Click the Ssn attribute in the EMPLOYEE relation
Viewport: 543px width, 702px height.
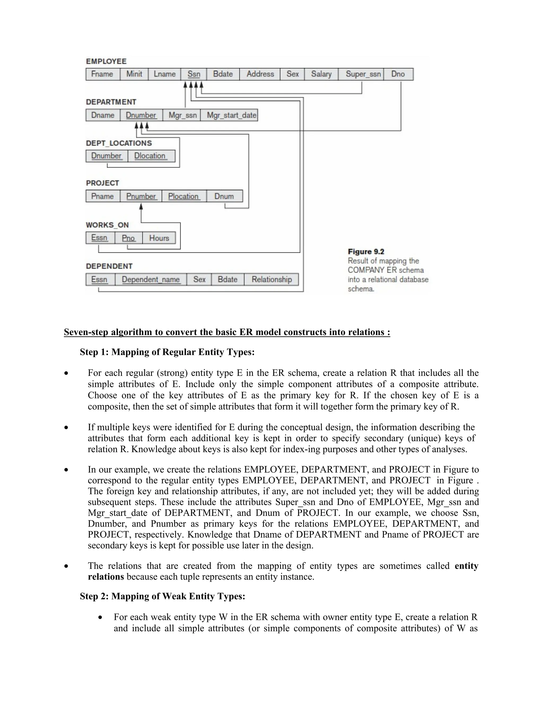pos(194,74)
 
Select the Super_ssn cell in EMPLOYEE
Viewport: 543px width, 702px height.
pos(363,74)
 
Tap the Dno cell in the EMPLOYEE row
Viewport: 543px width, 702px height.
pos(398,74)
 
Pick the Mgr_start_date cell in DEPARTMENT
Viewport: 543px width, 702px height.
pos(231,115)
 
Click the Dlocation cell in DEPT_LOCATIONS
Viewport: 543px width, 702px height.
pos(150,155)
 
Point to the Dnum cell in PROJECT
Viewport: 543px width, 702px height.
pos(224,196)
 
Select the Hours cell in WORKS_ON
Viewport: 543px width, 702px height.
pos(159,238)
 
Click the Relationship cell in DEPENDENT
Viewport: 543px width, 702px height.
pos(271,279)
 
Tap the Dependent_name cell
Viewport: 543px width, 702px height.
pos(151,279)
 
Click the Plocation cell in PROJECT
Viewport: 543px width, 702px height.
pos(184,196)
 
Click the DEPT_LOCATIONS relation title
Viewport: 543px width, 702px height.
pos(119,143)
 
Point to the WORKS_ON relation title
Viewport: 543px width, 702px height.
pos(107,225)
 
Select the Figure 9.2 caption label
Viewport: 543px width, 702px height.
pos(366,252)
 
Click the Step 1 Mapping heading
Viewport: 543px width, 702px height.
pos(167,352)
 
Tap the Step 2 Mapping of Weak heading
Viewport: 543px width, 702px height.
pos(163,596)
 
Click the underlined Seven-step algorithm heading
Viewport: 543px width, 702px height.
pos(227,332)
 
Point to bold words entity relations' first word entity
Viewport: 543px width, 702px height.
pos(466,566)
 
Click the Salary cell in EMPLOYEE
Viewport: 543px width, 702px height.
pos(321,74)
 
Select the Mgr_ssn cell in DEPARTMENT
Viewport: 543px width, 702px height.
pos(182,115)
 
